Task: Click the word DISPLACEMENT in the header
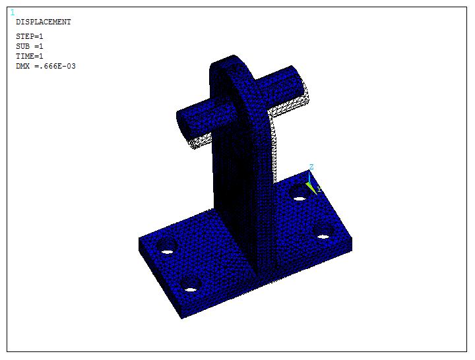43,22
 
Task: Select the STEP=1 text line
30,36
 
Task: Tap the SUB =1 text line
30,46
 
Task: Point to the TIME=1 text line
30,56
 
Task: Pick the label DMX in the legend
23,66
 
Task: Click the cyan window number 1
13,12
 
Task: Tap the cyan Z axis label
311,167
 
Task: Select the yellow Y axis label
319,190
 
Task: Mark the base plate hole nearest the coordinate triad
300,198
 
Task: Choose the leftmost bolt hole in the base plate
167,252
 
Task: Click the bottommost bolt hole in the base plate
191,290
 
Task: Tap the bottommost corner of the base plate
181,318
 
